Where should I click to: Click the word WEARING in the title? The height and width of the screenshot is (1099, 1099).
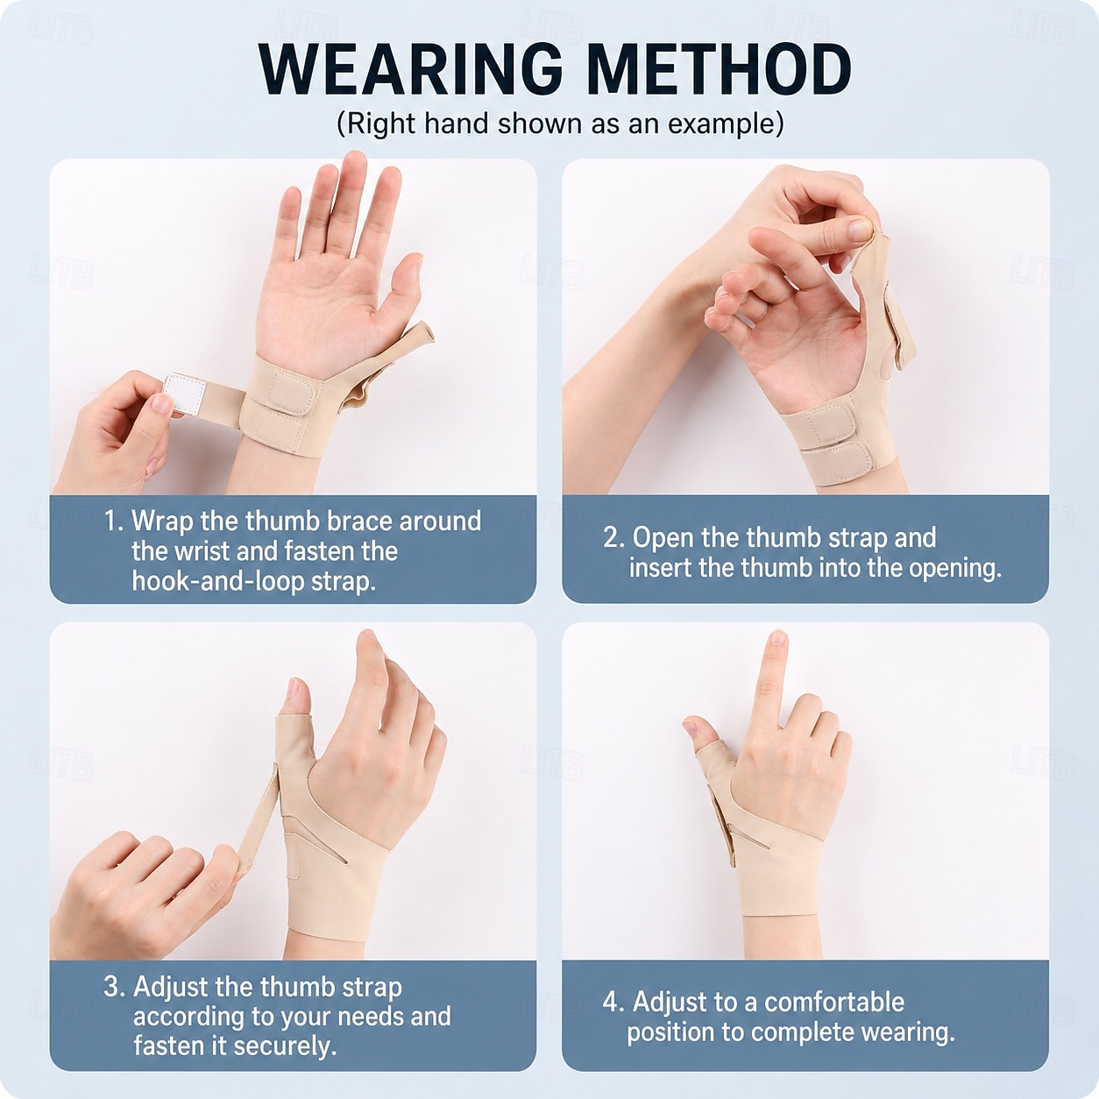(411, 69)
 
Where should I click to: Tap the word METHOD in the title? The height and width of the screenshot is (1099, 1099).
(719, 69)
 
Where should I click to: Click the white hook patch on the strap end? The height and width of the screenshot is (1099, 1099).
(185, 394)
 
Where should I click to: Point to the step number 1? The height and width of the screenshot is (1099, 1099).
(112, 521)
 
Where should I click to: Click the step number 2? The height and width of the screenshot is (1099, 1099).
(613, 537)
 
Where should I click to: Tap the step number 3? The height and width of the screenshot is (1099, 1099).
(113, 987)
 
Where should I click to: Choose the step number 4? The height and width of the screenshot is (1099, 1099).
(613, 1002)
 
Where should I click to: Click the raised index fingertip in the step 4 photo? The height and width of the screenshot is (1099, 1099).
(776, 640)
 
